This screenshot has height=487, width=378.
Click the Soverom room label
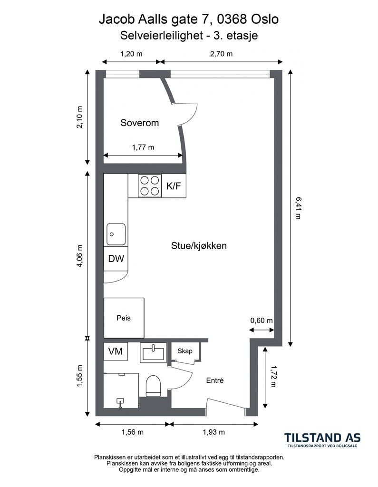tap(139, 123)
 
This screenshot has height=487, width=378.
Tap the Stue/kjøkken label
tap(199, 246)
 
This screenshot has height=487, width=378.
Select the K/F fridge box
tap(174, 186)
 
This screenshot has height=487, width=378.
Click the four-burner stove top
tap(149, 186)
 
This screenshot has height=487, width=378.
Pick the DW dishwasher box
tap(116, 258)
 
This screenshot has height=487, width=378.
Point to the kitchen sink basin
tap(116, 234)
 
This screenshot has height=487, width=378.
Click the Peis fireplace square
tap(124, 318)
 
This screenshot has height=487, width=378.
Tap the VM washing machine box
tap(116, 351)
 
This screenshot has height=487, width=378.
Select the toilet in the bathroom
tap(153, 386)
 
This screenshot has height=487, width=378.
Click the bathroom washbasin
tap(153, 352)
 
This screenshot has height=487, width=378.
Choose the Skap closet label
tap(185, 351)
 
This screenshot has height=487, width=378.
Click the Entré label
tap(215, 380)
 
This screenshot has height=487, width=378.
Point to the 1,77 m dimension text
tap(143, 147)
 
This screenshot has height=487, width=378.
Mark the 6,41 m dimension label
tap(298, 208)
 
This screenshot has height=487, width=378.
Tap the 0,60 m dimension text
tap(262, 320)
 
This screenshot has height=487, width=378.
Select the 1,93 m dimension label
tap(214, 432)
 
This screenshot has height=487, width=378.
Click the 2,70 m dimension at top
tap(222, 54)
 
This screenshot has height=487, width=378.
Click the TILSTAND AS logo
tap(323, 440)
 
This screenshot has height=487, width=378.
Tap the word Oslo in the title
tap(265, 19)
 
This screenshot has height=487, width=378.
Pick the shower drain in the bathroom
tap(120, 401)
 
